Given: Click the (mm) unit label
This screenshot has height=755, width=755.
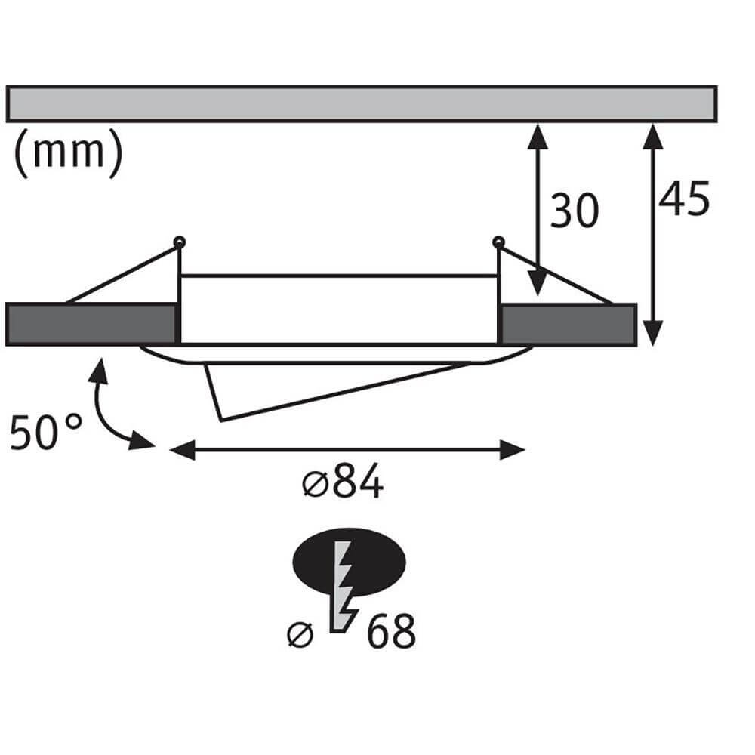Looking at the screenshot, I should tap(67, 153).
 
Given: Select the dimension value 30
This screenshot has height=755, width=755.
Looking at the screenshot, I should tap(574, 211).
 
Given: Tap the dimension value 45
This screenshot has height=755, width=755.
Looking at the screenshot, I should tap(684, 200).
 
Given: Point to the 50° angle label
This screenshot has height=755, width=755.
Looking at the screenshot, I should tap(46, 433).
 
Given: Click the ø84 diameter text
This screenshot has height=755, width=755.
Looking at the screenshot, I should tap(343, 483).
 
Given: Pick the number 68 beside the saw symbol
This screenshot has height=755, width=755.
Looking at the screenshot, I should tap(391, 633).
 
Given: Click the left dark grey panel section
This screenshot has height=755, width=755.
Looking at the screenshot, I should tap(91, 323).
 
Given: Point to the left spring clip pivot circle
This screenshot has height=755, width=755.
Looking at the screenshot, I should tap(180, 242).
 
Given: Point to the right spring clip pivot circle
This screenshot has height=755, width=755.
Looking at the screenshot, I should tap(497, 242).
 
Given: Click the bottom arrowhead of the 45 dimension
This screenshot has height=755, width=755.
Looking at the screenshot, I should tap(654, 332).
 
